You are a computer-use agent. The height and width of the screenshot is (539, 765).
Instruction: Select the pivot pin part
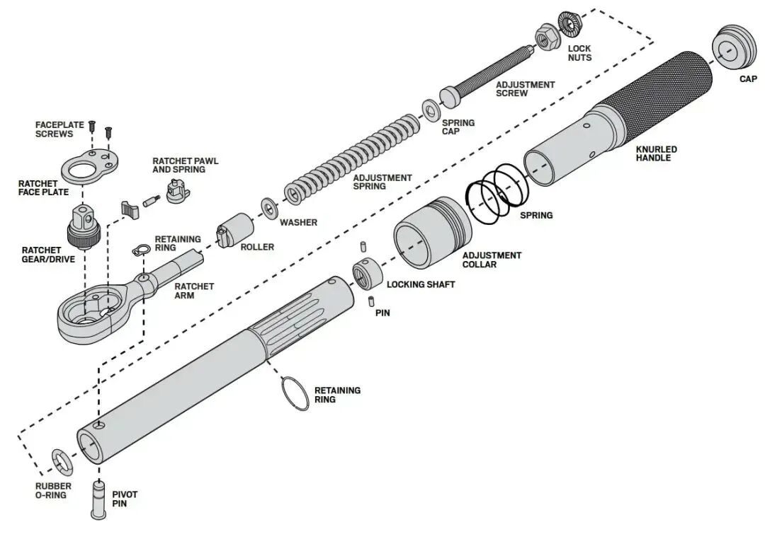98,499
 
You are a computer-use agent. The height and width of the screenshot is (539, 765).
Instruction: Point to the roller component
234,231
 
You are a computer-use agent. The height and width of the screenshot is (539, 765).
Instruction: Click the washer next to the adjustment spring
269,208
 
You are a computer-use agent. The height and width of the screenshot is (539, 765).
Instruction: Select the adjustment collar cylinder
432,233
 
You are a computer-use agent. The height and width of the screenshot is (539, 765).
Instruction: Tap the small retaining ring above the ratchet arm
139,250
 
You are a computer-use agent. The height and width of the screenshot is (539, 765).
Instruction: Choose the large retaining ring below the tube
295,394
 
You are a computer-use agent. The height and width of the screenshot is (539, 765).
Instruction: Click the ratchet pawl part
177,190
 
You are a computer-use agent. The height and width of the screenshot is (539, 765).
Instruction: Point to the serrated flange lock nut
569,23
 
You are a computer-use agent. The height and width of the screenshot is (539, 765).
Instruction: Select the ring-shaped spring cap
431,111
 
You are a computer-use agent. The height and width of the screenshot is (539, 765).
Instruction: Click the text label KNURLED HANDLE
656,153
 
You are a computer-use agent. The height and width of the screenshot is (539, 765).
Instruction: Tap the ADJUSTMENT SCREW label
525,88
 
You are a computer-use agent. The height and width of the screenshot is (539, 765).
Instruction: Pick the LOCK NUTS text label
579,53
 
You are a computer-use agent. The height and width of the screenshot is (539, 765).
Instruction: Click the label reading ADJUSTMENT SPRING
382,182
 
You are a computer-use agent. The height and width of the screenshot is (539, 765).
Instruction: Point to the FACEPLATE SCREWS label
59,129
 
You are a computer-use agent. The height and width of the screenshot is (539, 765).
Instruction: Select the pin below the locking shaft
371,301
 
